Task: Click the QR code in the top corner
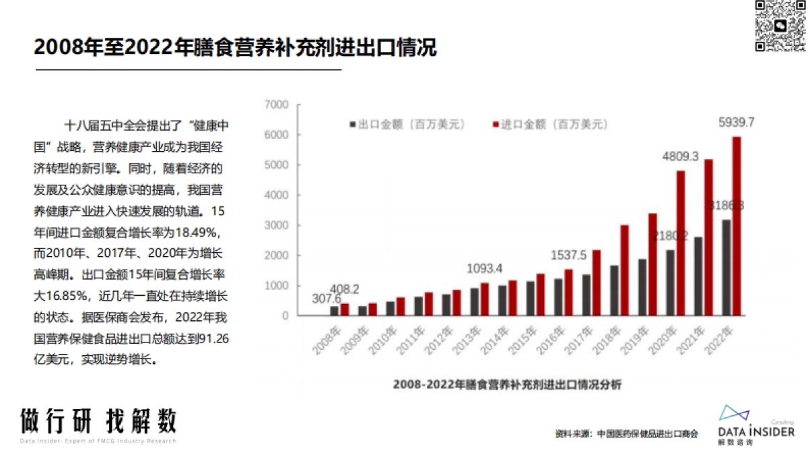point(780,26)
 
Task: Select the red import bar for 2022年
point(737,226)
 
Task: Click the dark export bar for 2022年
point(726,268)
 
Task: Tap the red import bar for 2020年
point(681,243)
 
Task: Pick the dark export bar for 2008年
point(334,311)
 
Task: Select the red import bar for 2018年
point(624,270)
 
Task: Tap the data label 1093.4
point(485,268)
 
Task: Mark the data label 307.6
point(326,298)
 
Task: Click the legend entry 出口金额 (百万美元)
point(406,125)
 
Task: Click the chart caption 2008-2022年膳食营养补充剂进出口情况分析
point(507,385)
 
